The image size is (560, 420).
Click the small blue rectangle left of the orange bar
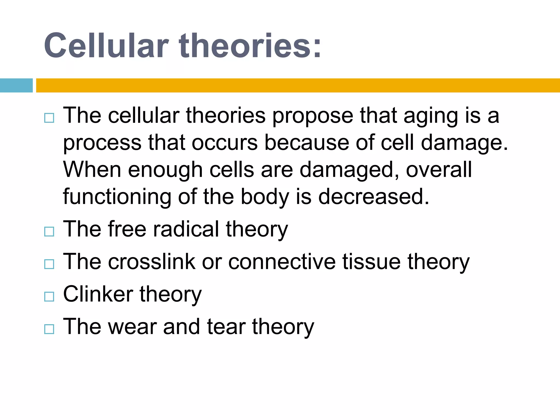tap(16, 85)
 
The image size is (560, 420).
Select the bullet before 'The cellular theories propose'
tap(49, 118)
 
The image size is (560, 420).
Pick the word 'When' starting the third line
tap(92, 170)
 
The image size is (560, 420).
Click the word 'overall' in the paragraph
tap(439, 170)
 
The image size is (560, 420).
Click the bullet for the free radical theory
tap(49, 232)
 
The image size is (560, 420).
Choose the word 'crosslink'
tap(152, 261)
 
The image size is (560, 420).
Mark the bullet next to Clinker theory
tap(49, 296)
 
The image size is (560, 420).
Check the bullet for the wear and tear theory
tap(49, 329)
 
